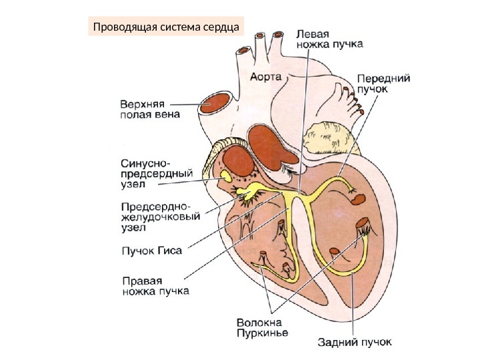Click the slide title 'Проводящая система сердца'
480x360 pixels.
(166, 27)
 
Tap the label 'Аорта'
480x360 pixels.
(267, 75)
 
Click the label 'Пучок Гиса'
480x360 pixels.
(150, 251)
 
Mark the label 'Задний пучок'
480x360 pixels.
(353, 343)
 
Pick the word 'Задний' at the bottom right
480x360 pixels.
(333, 343)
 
